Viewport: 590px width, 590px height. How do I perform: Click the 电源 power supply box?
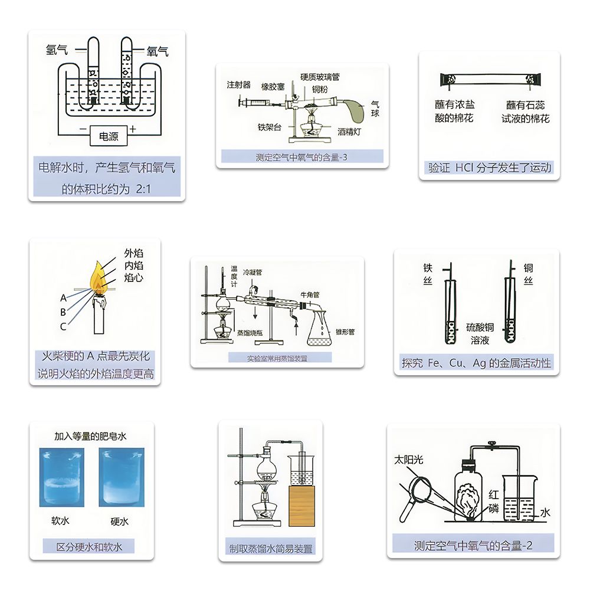tap(109, 137)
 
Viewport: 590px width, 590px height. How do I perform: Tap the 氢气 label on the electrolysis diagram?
tap(57, 51)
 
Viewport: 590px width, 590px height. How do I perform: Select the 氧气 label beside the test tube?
tap(158, 51)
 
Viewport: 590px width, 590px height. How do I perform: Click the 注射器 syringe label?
tap(239, 85)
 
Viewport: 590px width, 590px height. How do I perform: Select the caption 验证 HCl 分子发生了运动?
tap(490, 168)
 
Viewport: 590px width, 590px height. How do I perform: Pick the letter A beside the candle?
tap(63, 298)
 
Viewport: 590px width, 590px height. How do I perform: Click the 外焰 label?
tap(133, 253)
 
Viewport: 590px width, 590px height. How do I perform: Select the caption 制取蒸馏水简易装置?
tap(271, 548)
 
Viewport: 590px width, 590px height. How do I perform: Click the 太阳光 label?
tap(409, 460)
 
